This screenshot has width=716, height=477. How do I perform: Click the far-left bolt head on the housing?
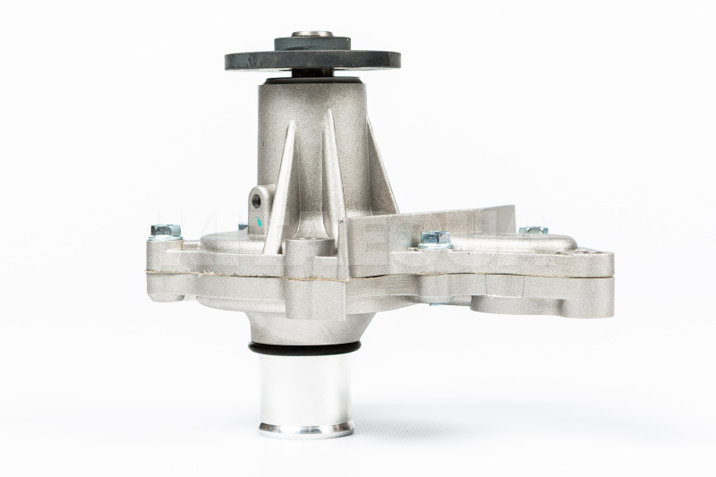(166, 232)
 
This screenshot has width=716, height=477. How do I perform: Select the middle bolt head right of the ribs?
(436, 239)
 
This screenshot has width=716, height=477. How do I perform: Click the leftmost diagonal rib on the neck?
(278, 179)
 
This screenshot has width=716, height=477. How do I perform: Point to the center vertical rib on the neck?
(332, 170)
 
